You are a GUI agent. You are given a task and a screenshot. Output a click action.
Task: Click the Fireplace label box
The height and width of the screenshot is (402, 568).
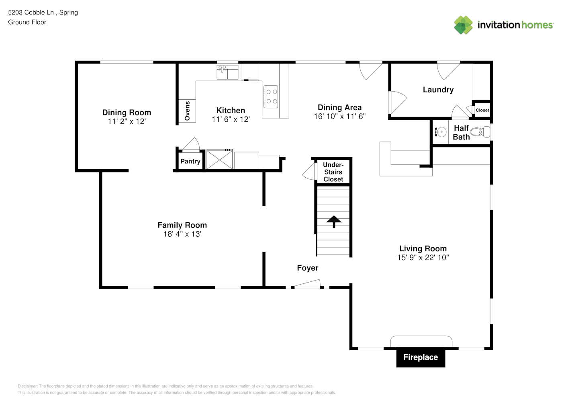421,357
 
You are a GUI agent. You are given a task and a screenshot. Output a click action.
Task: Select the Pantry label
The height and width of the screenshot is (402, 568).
190,161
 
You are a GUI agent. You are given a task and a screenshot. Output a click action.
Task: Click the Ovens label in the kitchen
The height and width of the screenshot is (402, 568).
187,111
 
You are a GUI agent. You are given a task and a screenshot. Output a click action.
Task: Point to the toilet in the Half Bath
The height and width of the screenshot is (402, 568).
480,132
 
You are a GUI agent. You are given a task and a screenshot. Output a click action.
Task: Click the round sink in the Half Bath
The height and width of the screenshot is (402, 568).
441,132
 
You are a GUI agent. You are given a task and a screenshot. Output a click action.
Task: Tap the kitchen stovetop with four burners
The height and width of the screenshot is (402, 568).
271,97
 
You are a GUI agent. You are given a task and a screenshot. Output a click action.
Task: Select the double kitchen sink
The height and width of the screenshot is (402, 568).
227,72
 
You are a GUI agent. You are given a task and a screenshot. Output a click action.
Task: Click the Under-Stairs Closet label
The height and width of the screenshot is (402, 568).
333,172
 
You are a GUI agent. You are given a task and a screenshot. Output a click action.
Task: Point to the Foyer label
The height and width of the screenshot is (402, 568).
308,268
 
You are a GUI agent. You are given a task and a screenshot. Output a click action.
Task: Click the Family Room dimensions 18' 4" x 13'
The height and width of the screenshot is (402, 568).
182,234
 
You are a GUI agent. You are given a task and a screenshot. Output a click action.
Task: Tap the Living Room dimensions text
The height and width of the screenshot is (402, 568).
423,257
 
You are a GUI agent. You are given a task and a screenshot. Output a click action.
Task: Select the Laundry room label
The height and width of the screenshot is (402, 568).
438,90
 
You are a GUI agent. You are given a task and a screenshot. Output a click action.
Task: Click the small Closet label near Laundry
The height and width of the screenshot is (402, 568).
482,110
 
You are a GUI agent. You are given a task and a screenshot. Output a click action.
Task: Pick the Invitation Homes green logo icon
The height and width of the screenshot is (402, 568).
463,25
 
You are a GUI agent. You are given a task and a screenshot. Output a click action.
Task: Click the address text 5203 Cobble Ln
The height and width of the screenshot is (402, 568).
31,12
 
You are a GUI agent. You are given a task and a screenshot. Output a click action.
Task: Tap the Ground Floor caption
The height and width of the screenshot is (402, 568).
27,22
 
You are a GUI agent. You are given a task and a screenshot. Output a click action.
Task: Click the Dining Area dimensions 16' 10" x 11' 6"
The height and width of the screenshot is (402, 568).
340,116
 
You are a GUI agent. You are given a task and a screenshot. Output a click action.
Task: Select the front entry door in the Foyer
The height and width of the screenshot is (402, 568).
307,284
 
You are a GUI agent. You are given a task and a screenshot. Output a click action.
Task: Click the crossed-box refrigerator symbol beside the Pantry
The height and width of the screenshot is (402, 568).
219,159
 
